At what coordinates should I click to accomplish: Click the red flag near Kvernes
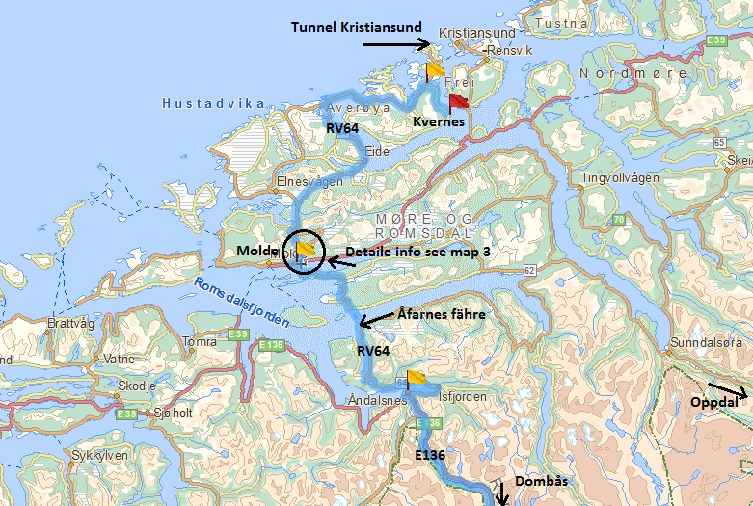[x=457, y=101]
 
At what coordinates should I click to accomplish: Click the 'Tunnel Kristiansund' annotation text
[x=358, y=28]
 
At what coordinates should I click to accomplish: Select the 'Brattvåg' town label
[x=70, y=325]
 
